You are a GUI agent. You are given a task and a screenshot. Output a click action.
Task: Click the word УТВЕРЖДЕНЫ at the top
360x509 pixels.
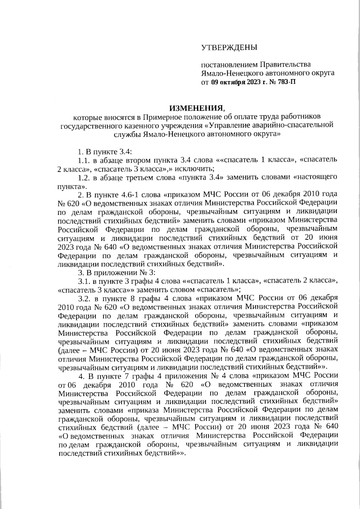click(229, 47)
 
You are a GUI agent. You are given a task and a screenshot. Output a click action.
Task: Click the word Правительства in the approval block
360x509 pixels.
click(285, 64)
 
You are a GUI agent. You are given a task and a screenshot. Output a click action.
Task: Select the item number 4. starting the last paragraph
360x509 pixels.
click(80, 375)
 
